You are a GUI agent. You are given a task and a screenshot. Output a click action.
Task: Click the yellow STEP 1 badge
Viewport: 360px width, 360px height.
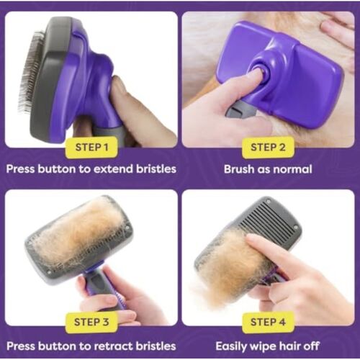click(91, 148)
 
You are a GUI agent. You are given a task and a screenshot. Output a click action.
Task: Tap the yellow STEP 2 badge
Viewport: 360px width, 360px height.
click(268, 148)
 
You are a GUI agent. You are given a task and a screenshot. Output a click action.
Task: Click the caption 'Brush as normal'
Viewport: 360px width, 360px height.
click(268, 170)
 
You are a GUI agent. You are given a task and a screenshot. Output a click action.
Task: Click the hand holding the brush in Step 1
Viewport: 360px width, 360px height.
click(140, 115)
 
